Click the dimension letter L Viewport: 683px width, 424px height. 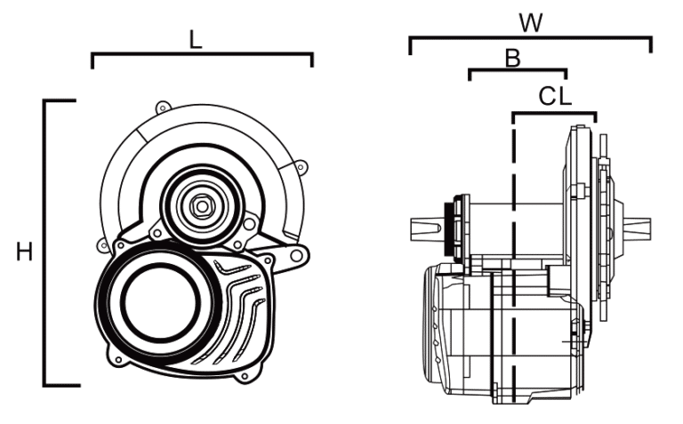pyautogui.click(x=196, y=41)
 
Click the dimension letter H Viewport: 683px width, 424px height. pyautogui.click(x=24, y=252)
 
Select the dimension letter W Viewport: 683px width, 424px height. pyautogui.click(x=531, y=23)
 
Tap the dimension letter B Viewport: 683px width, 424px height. pyautogui.click(x=512, y=58)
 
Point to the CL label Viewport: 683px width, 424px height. pyautogui.click(x=555, y=97)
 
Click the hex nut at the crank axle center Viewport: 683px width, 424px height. pyautogui.click(x=201, y=206)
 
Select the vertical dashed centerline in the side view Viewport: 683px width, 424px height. pyautogui.click(x=514, y=261)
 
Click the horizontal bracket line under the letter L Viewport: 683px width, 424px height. pyautogui.click(x=202, y=54)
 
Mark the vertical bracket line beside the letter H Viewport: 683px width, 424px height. pyautogui.click(x=44, y=243)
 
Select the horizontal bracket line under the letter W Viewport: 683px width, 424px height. pyautogui.click(x=531, y=38)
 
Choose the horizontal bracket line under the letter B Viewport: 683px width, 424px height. pyautogui.click(x=518, y=69)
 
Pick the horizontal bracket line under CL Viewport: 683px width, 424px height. pyautogui.click(x=555, y=113)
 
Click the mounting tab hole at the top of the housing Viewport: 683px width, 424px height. pyautogui.click(x=163, y=108)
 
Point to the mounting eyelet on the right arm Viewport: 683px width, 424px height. pyautogui.click(x=297, y=255)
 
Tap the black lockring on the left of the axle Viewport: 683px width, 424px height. pyautogui.click(x=447, y=228)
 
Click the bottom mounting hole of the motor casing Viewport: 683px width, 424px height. pyautogui.click(x=245, y=376)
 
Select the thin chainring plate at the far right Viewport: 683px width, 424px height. pyautogui.click(x=603, y=228)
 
